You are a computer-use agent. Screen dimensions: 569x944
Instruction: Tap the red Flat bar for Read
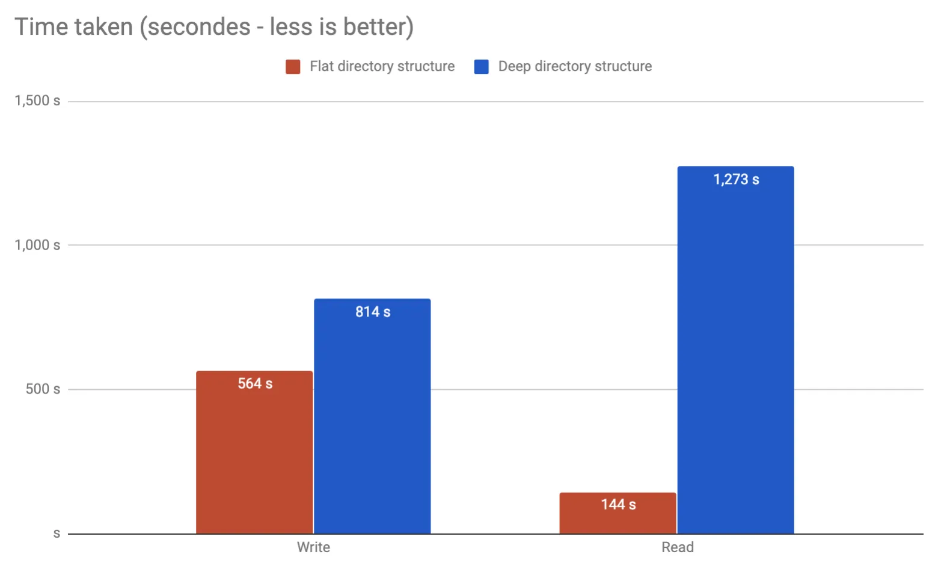click(618, 521)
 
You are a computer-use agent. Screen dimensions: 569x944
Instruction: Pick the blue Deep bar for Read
click(735, 361)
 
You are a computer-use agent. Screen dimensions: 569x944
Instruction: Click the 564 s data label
click(255, 384)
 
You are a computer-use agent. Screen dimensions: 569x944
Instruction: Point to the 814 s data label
click(373, 312)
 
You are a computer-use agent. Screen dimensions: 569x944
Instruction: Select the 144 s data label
click(618, 505)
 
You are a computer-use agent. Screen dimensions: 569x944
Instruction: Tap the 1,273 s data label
click(736, 179)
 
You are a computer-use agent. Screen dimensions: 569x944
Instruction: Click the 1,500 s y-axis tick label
click(37, 101)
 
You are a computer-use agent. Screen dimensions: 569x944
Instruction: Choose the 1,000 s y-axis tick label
click(37, 245)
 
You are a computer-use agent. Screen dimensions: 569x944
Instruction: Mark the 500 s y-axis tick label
click(43, 389)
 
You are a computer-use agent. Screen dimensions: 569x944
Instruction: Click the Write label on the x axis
click(313, 547)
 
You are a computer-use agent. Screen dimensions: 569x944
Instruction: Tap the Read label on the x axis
click(678, 547)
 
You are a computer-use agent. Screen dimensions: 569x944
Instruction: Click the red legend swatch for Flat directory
click(293, 67)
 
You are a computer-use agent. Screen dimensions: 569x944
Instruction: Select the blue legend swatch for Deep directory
click(481, 67)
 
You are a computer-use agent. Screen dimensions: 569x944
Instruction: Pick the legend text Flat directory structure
click(382, 66)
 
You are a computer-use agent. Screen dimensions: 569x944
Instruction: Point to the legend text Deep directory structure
click(575, 66)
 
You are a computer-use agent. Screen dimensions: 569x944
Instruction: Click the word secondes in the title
click(198, 27)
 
